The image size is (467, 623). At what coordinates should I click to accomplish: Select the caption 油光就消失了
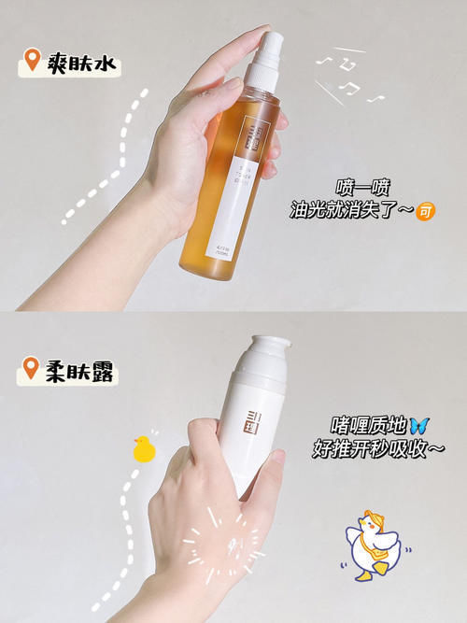[351, 212]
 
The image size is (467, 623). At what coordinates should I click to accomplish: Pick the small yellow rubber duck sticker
[143, 449]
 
